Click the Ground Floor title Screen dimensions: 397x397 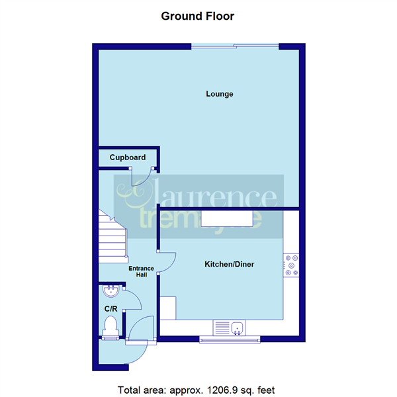(x=198, y=15)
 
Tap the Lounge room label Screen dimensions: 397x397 (x=219, y=94)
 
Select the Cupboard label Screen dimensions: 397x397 (x=127, y=157)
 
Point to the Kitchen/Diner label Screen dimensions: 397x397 (x=228, y=264)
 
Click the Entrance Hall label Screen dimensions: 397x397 (x=141, y=272)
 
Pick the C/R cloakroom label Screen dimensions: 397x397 (x=110, y=309)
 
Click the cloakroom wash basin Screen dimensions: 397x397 (x=110, y=290)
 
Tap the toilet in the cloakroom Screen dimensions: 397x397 (x=110, y=326)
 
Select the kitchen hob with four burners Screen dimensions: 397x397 (x=291, y=265)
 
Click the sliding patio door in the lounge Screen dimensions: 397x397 (x=235, y=46)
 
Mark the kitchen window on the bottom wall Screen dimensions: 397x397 (x=230, y=340)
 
